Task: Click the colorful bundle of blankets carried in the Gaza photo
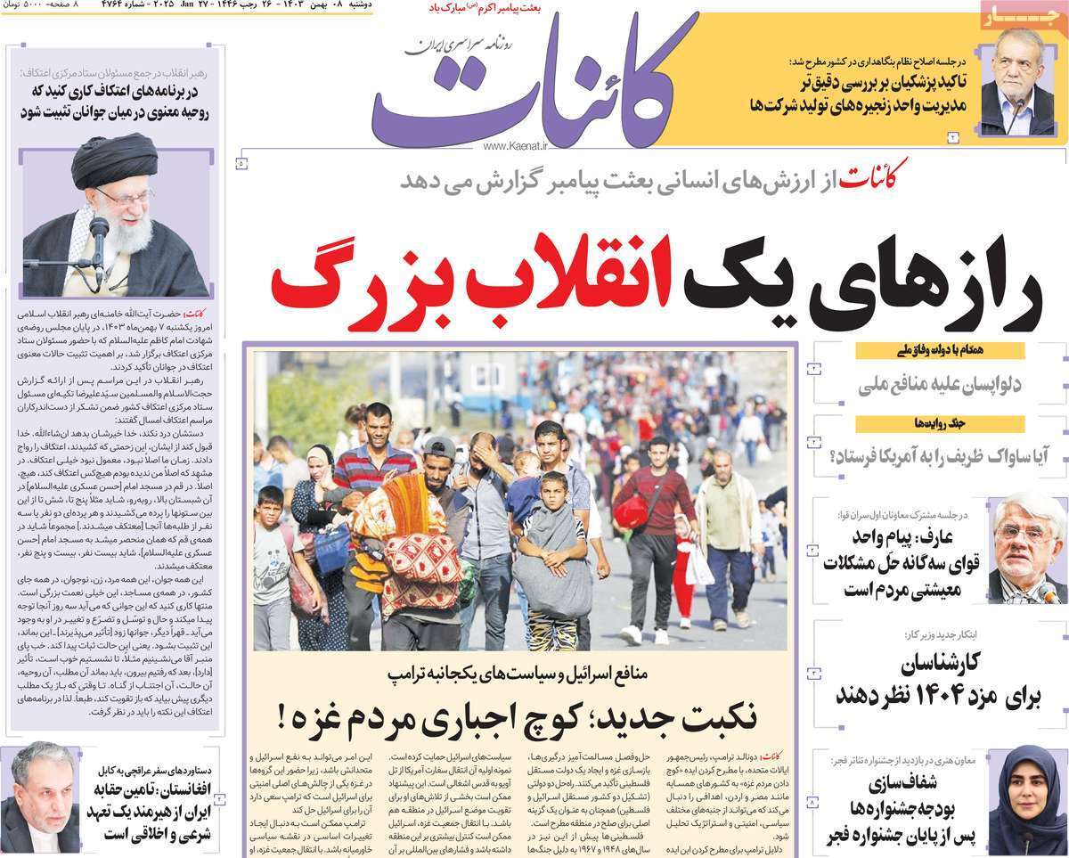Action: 405,552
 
